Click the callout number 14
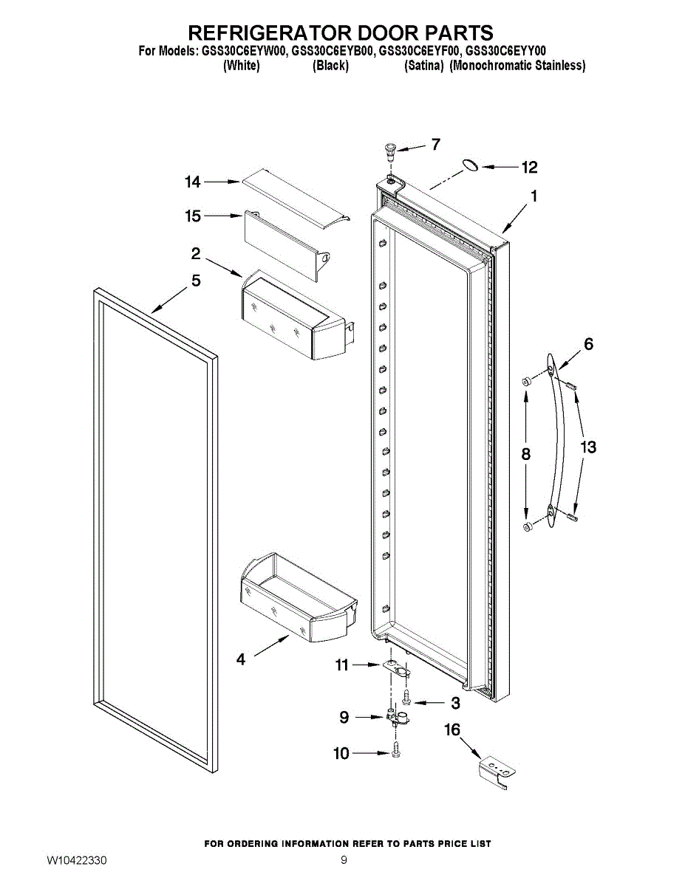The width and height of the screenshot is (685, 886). (192, 182)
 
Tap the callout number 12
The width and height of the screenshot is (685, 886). (529, 168)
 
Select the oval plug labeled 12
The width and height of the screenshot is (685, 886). (470, 166)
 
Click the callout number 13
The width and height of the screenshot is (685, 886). (588, 447)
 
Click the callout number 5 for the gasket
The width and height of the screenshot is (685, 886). (196, 281)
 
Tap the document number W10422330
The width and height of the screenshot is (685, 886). (77, 861)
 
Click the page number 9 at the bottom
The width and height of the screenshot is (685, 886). (344, 860)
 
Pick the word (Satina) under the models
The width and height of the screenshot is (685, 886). (424, 66)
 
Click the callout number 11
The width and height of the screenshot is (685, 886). (341, 665)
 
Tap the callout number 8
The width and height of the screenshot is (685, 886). (525, 455)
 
